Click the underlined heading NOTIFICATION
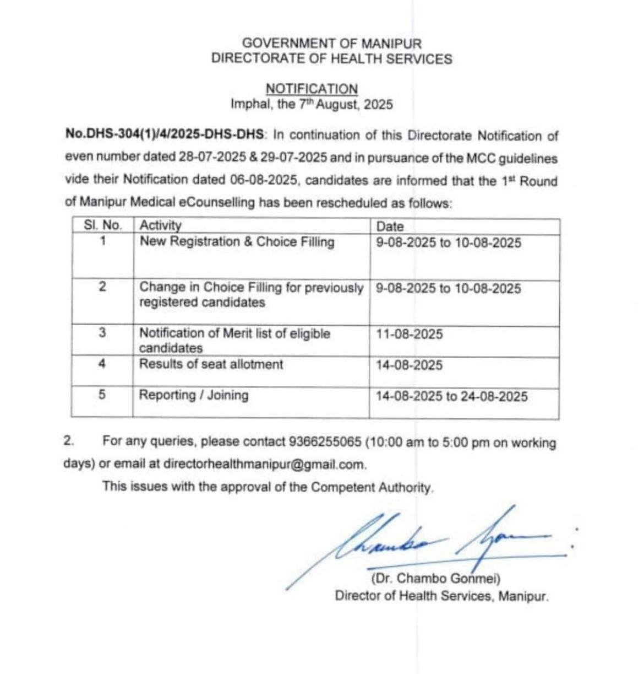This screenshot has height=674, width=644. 312,89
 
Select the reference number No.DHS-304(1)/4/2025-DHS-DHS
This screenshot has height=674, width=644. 165,135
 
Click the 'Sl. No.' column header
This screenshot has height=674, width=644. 102,226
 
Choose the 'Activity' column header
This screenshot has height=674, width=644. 160,225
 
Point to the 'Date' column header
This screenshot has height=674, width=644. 390,227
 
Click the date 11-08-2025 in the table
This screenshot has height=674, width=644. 409,335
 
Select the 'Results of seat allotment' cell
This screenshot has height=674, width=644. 211,364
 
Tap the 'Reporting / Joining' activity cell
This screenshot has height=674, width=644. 193,395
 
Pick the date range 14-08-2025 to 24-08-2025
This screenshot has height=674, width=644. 451,397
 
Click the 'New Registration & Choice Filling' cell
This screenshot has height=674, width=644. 237,242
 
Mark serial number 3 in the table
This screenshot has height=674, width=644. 102,333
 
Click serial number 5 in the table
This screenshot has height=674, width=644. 102,395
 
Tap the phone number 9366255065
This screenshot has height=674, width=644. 325,442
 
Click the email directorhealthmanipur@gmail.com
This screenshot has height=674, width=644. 264,464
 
